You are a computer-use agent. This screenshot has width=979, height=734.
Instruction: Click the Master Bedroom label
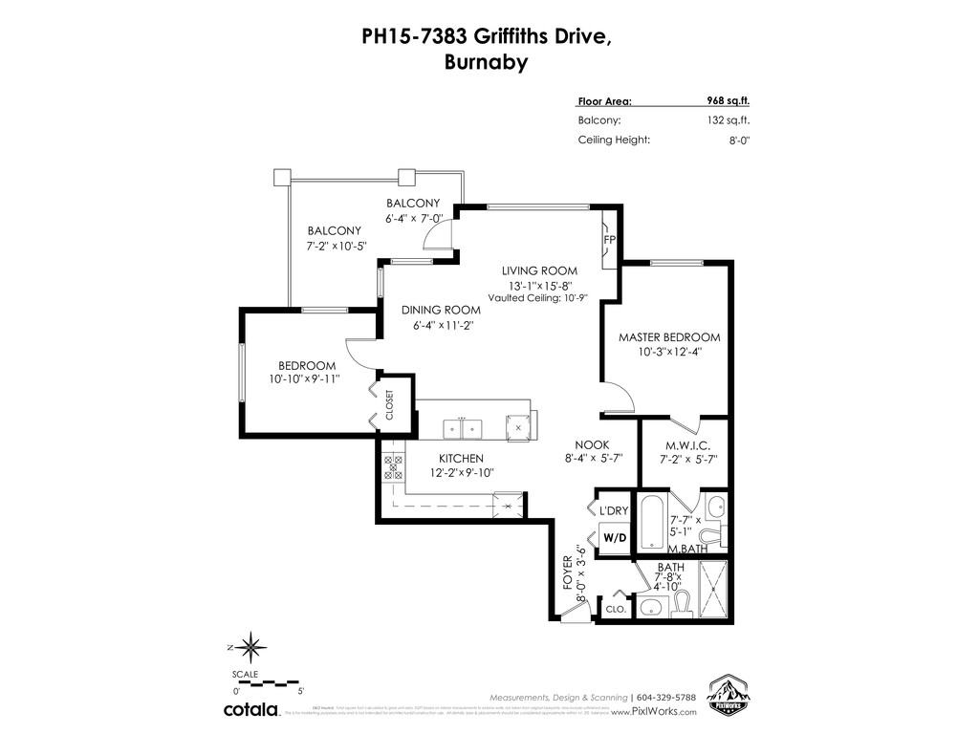(668, 337)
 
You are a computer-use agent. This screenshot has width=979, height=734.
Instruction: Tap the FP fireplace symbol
(609, 239)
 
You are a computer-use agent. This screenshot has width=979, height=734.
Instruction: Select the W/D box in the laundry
(615, 538)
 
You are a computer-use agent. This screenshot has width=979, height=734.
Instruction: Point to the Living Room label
(539, 270)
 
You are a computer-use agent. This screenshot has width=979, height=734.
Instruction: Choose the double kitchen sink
(463, 425)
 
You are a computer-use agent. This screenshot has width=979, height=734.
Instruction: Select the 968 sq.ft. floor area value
(729, 100)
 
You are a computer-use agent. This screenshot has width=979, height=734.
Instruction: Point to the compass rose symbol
(250, 648)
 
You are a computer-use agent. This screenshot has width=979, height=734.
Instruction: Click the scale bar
(267, 682)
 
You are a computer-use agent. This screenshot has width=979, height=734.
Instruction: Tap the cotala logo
(251, 710)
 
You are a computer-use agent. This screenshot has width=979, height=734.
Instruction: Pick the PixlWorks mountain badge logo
(726, 694)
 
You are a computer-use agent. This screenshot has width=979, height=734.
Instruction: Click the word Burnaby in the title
(486, 64)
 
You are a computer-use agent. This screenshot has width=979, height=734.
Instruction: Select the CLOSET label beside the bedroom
(389, 405)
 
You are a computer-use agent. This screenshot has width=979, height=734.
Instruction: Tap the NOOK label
(592, 444)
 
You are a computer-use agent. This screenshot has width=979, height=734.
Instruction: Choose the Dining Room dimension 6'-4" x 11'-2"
(439, 325)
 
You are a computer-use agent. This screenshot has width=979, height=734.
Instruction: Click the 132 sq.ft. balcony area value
(729, 120)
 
